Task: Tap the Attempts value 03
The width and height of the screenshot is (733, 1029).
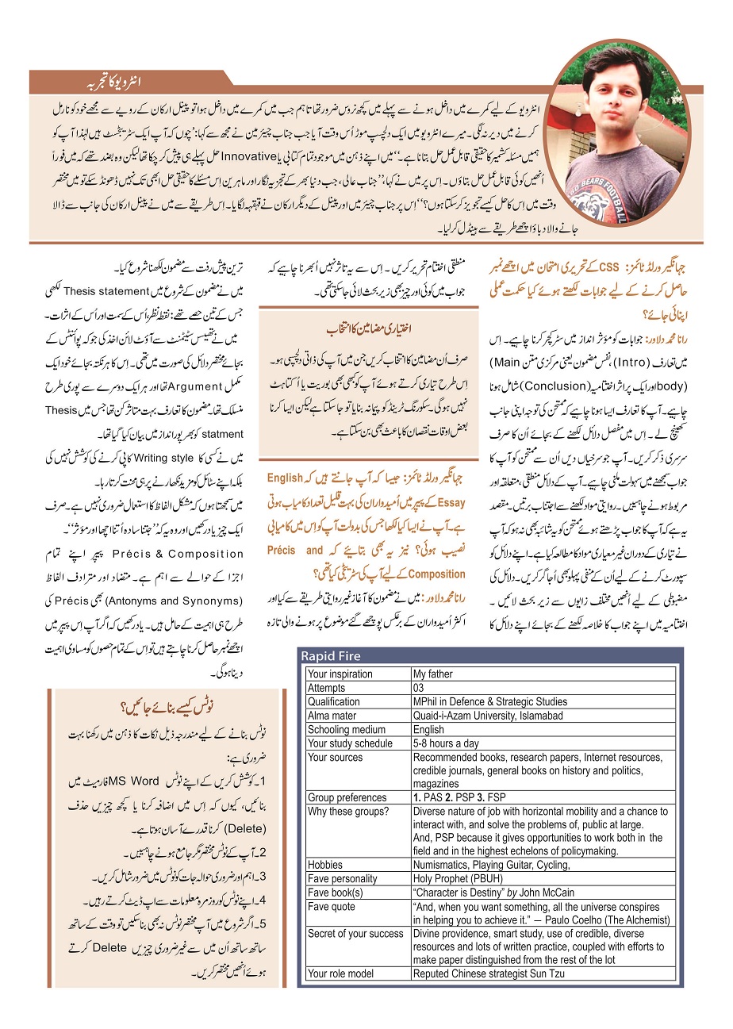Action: coord(420,688)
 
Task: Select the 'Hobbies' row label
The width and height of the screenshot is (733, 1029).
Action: coord(326,864)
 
